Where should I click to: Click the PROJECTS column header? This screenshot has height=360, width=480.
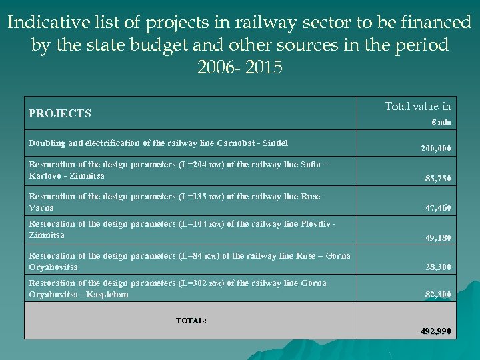(x=59, y=113)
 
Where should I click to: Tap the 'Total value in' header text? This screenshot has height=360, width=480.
(x=417, y=106)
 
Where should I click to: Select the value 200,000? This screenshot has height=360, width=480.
(x=435, y=149)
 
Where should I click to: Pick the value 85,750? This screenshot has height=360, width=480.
(x=438, y=179)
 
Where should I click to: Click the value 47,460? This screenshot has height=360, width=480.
(x=438, y=208)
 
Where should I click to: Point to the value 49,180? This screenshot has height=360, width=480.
(x=438, y=237)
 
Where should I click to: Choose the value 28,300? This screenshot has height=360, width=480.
(x=438, y=267)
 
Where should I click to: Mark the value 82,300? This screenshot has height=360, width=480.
(x=438, y=294)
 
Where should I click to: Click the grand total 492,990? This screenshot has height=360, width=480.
(x=435, y=331)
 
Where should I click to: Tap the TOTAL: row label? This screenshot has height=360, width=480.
(x=191, y=321)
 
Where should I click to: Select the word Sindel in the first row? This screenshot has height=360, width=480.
(x=275, y=143)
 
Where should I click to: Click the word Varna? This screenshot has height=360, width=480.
(x=41, y=208)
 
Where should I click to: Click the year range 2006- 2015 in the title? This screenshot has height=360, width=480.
(x=240, y=68)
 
